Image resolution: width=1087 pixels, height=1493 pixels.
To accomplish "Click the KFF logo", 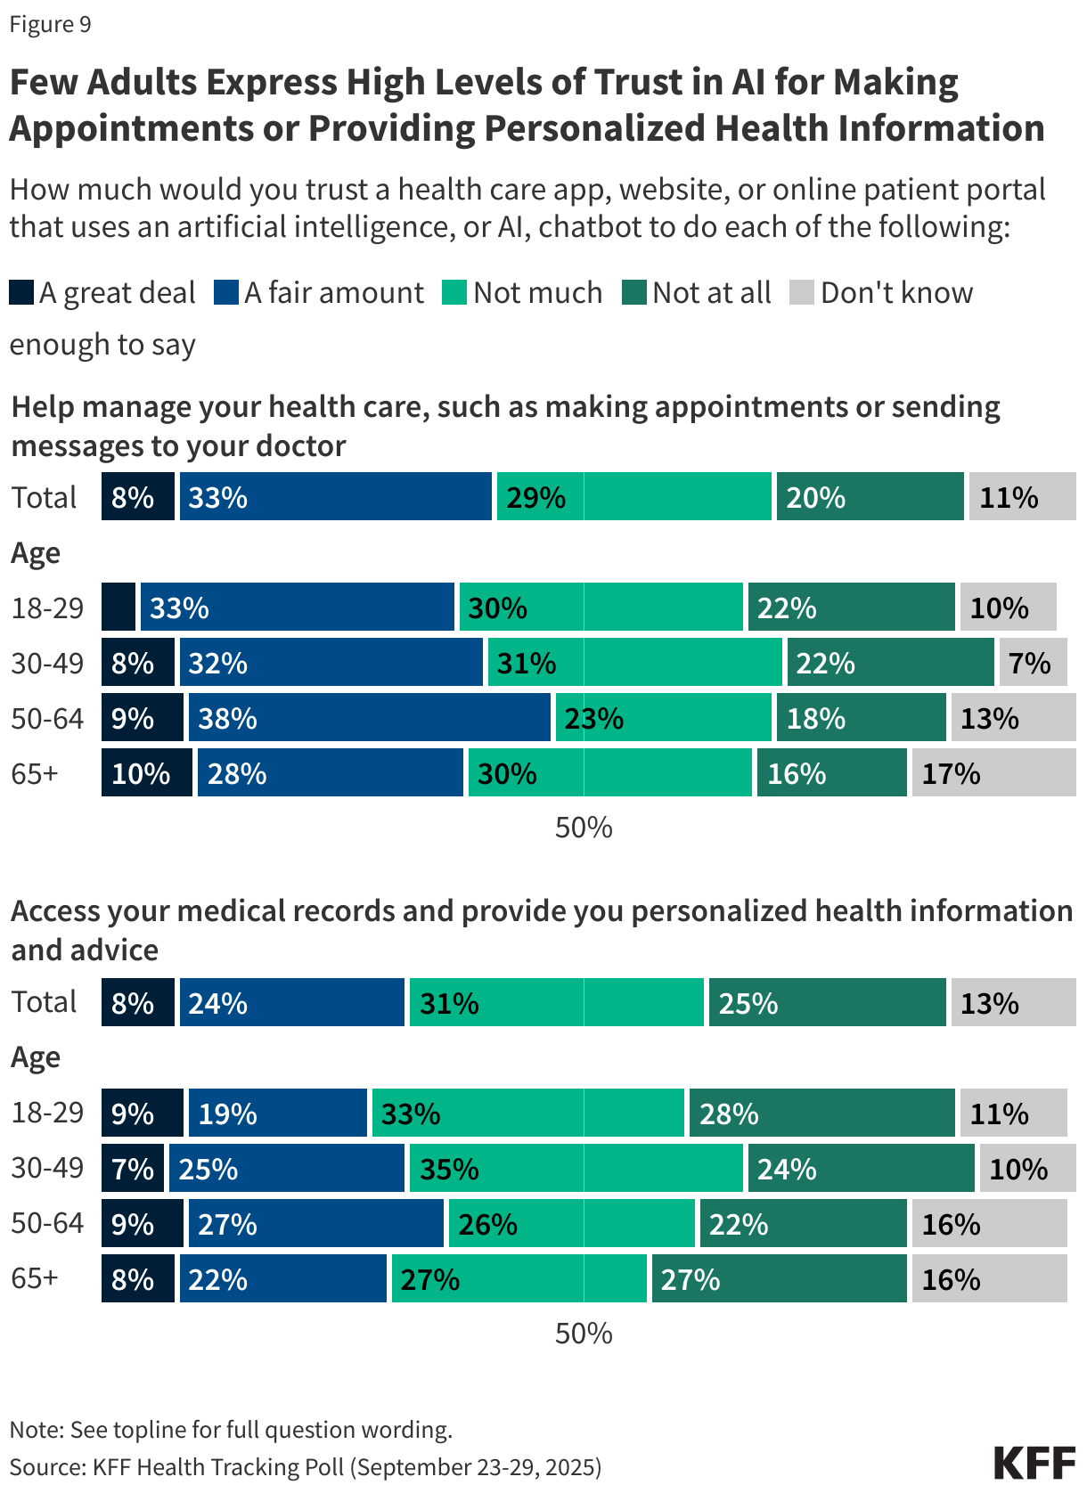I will pos(1034,1464).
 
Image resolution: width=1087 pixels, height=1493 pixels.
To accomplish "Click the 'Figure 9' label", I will pos(50,24).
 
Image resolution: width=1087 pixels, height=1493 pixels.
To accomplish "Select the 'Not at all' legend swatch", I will pos(633,292).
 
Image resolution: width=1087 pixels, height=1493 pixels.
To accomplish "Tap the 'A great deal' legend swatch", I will pos(21,292).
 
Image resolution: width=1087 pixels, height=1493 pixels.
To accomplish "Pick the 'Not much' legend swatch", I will pos(454,292).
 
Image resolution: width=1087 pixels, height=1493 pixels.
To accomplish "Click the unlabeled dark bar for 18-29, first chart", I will pos(119,608).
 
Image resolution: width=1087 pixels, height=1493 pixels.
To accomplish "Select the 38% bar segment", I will pos(369,718).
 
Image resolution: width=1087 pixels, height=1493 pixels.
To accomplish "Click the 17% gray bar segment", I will pos(993,773).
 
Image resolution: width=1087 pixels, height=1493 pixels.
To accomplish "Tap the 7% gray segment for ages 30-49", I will pos(1033,663).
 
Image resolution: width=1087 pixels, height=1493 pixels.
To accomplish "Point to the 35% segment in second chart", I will pos(576,1169).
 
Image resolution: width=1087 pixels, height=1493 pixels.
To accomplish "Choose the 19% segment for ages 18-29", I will pos(277,1114).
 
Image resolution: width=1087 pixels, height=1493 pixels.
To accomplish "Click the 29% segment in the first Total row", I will pos(633,497).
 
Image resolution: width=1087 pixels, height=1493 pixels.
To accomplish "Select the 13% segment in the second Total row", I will pos(1013,1003).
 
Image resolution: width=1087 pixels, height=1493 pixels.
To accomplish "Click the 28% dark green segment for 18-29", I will pos(821,1114).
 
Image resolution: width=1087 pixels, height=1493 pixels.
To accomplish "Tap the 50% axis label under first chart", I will pos(584,828).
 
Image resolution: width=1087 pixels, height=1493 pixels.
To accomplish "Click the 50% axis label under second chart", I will pos(584,1334).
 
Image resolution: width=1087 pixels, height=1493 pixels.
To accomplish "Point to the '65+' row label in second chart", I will pos(35,1278).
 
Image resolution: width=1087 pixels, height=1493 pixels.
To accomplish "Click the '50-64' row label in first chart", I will pos(47,718).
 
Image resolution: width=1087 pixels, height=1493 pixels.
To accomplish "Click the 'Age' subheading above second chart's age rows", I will pos(36,1057).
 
